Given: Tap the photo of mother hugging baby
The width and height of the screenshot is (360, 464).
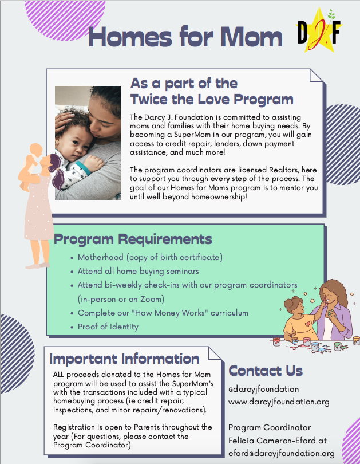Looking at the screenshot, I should click(88, 143).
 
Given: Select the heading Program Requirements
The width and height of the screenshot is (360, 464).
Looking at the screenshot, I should click(133, 238).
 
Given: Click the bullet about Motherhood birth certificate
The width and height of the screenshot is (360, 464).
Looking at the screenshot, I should click(150, 257).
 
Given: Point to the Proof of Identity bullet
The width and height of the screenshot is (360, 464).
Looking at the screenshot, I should click(108, 327).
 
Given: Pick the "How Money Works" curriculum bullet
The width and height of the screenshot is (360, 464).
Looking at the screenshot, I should click(163, 313).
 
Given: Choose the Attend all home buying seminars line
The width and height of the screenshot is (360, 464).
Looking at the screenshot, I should click(139, 271).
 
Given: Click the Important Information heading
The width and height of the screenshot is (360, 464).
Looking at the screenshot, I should click(124, 359).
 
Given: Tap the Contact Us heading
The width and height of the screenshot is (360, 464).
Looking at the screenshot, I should click(266, 371).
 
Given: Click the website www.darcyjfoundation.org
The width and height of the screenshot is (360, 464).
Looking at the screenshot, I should click(279, 402).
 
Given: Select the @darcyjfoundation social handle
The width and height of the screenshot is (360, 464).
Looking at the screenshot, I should click(263, 389).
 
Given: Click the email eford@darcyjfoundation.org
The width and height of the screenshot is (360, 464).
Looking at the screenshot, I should click(281, 453).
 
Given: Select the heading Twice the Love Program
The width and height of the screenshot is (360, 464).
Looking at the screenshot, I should click(211, 99).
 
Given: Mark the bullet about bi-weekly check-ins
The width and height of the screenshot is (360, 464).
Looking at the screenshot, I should click(188, 285).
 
